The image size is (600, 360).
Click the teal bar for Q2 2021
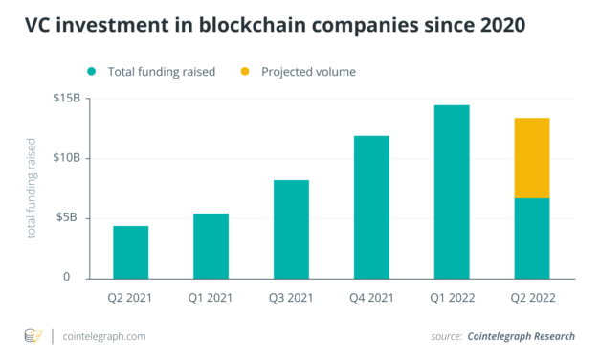(130, 252)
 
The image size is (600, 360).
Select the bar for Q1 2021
(211, 245)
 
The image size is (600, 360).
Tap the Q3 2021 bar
(291, 229)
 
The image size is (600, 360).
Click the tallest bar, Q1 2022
(452, 191)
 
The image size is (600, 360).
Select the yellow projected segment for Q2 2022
(532, 158)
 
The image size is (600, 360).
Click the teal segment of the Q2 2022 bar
(532, 237)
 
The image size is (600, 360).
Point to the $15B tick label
(67, 99)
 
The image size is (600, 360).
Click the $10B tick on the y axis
(67, 158)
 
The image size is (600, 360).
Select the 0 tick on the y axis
(78, 278)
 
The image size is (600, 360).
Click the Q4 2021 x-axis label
(371, 298)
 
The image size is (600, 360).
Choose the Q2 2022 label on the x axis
(532, 298)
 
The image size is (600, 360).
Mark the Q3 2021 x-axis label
(291, 298)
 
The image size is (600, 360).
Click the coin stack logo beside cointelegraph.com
(33, 336)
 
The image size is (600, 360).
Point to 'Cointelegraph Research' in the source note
(522, 336)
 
